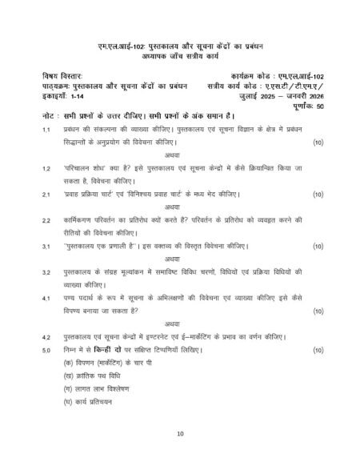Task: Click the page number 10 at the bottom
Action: [180, 433]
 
